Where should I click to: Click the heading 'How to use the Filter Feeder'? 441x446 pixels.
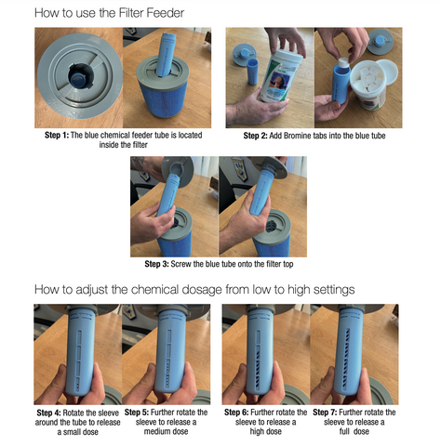tap(109, 13)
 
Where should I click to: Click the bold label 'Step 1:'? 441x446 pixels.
tap(57, 135)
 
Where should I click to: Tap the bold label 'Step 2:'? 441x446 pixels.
tap(255, 136)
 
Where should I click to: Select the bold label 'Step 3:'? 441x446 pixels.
tap(156, 264)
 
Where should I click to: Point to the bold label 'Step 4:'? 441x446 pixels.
tap(48, 413)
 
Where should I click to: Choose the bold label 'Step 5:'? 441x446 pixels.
tap(137, 413)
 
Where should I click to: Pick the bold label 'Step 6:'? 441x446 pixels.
tap(236, 413)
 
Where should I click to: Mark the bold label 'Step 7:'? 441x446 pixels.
tap(325, 413)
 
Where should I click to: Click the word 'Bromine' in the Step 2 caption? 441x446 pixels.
tap(297, 136)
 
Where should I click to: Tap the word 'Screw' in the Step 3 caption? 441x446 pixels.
tap(180, 264)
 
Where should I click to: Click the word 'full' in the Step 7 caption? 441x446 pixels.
tap(344, 431)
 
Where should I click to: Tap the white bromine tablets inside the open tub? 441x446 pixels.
tap(369, 79)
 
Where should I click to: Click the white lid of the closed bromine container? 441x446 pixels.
tap(287, 55)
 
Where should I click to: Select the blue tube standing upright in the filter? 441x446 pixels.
tap(166, 55)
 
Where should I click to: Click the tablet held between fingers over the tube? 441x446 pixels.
tap(343, 63)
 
